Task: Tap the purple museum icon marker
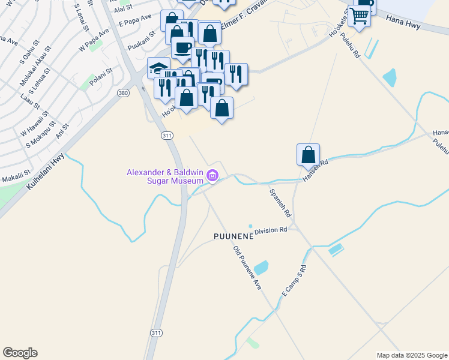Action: click(212, 176)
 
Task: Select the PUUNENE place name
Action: click(234, 236)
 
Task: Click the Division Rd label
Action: click(271, 230)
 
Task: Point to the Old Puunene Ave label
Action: click(247, 268)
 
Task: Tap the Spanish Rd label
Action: click(280, 203)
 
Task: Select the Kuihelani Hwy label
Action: click(46, 172)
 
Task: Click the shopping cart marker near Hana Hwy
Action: click(359, 16)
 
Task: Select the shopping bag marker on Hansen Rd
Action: click(308, 154)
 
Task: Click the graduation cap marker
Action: click(158, 67)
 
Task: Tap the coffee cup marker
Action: click(182, 48)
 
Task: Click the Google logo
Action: click(20, 353)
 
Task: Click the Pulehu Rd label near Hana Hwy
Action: click(349, 45)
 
